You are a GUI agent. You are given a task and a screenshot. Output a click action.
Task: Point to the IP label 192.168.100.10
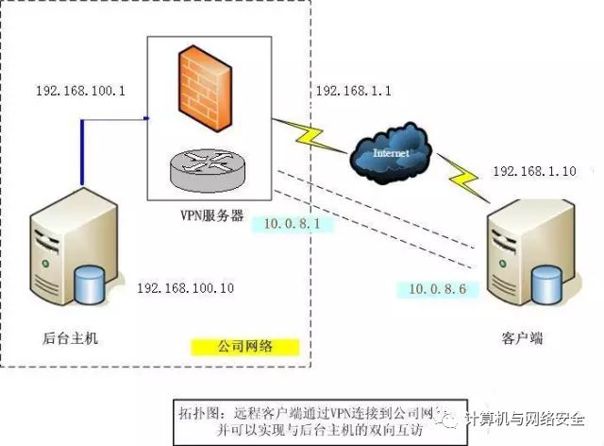point(185,286)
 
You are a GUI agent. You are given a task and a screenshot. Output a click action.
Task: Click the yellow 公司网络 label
point(244,347)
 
